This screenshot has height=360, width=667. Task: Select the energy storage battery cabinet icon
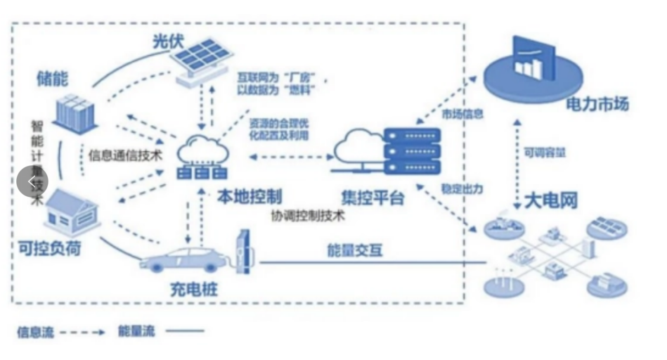click(x=74, y=114)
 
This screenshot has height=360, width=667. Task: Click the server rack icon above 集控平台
click(x=411, y=152)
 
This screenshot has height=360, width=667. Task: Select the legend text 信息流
click(x=35, y=331)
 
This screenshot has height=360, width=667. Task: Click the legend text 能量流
click(x=136, y=331)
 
